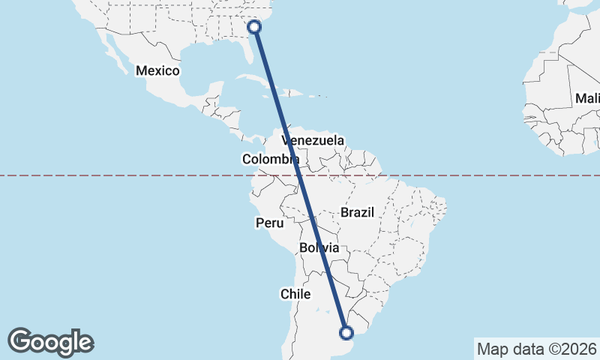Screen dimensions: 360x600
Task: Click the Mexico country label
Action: [x=157, y=71]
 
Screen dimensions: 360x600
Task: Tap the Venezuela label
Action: [x=313, y=140]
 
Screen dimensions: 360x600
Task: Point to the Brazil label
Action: [x=357, y=212]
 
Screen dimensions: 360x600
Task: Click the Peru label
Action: [x=270, y=223]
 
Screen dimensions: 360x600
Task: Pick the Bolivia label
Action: [x=319, y=247]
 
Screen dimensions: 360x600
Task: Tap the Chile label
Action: [x=295, y=294]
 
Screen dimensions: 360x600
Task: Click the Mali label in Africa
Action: [x=587, y=98]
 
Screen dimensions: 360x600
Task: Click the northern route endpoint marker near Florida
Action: [x=255, y=27]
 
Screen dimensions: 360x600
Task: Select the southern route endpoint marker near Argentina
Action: [x=346, y=333]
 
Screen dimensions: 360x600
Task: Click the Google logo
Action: [x=50, y=342]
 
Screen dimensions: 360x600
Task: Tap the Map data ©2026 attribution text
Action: [x=535, y=349]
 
